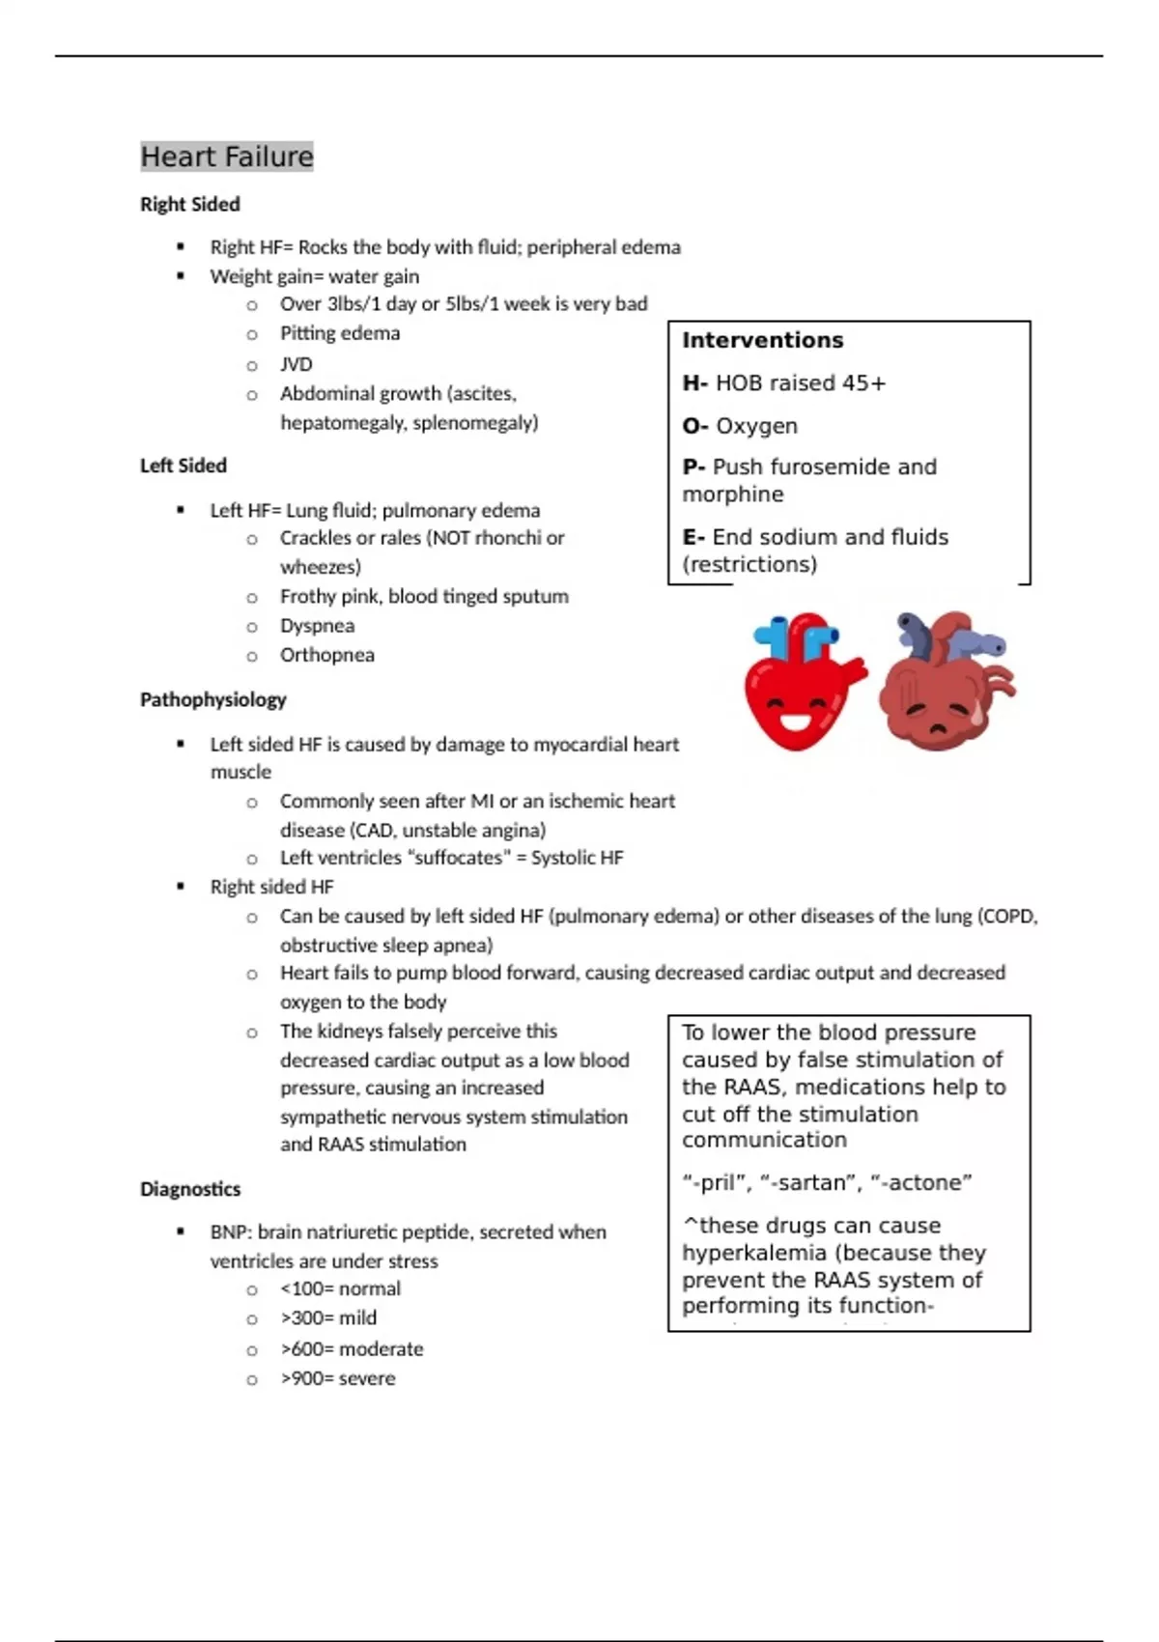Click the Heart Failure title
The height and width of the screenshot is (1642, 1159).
[x=227, y=156]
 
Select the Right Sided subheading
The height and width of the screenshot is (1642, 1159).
[x=189, y=205]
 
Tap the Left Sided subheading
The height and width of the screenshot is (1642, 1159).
[x=183, y=466]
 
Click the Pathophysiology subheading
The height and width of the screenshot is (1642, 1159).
[x=212, y=699]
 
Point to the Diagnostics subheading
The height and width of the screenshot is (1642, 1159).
[x=189, y=1189]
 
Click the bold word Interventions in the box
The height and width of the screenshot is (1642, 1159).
[x=762, y=340]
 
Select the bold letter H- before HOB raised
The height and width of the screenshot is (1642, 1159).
[x=694, y=383]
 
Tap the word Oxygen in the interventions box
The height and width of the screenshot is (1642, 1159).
[x=756, y=426]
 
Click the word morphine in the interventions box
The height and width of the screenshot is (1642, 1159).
[x=732, y=495]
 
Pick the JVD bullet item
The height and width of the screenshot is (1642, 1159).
[x=296, y=364]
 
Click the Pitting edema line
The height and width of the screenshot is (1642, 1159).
[x=339, y=333]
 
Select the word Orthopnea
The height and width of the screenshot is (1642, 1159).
[x=326, y=655]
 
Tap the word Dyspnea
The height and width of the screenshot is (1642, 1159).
[x=317, y=626]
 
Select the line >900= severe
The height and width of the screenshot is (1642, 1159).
[x=337, y=1378]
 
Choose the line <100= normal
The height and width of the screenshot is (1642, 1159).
[x=340, y=1288]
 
